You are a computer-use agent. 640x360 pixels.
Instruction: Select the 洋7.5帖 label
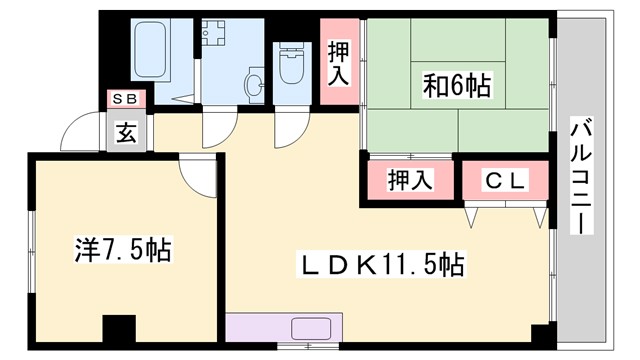tap(122, 249)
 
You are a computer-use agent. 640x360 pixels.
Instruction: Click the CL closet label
tap(506, 180)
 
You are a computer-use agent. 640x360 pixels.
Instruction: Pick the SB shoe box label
tap(127, 99)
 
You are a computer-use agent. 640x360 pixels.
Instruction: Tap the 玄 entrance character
tap(128, 130)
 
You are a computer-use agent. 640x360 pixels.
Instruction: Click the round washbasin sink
tap(254, 84)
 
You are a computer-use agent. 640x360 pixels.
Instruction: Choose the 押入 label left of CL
tap(409, 181)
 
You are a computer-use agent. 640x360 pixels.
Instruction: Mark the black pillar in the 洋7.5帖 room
tap(118, 330)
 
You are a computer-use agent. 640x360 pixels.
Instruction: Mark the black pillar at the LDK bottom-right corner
tap(539, 336)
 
